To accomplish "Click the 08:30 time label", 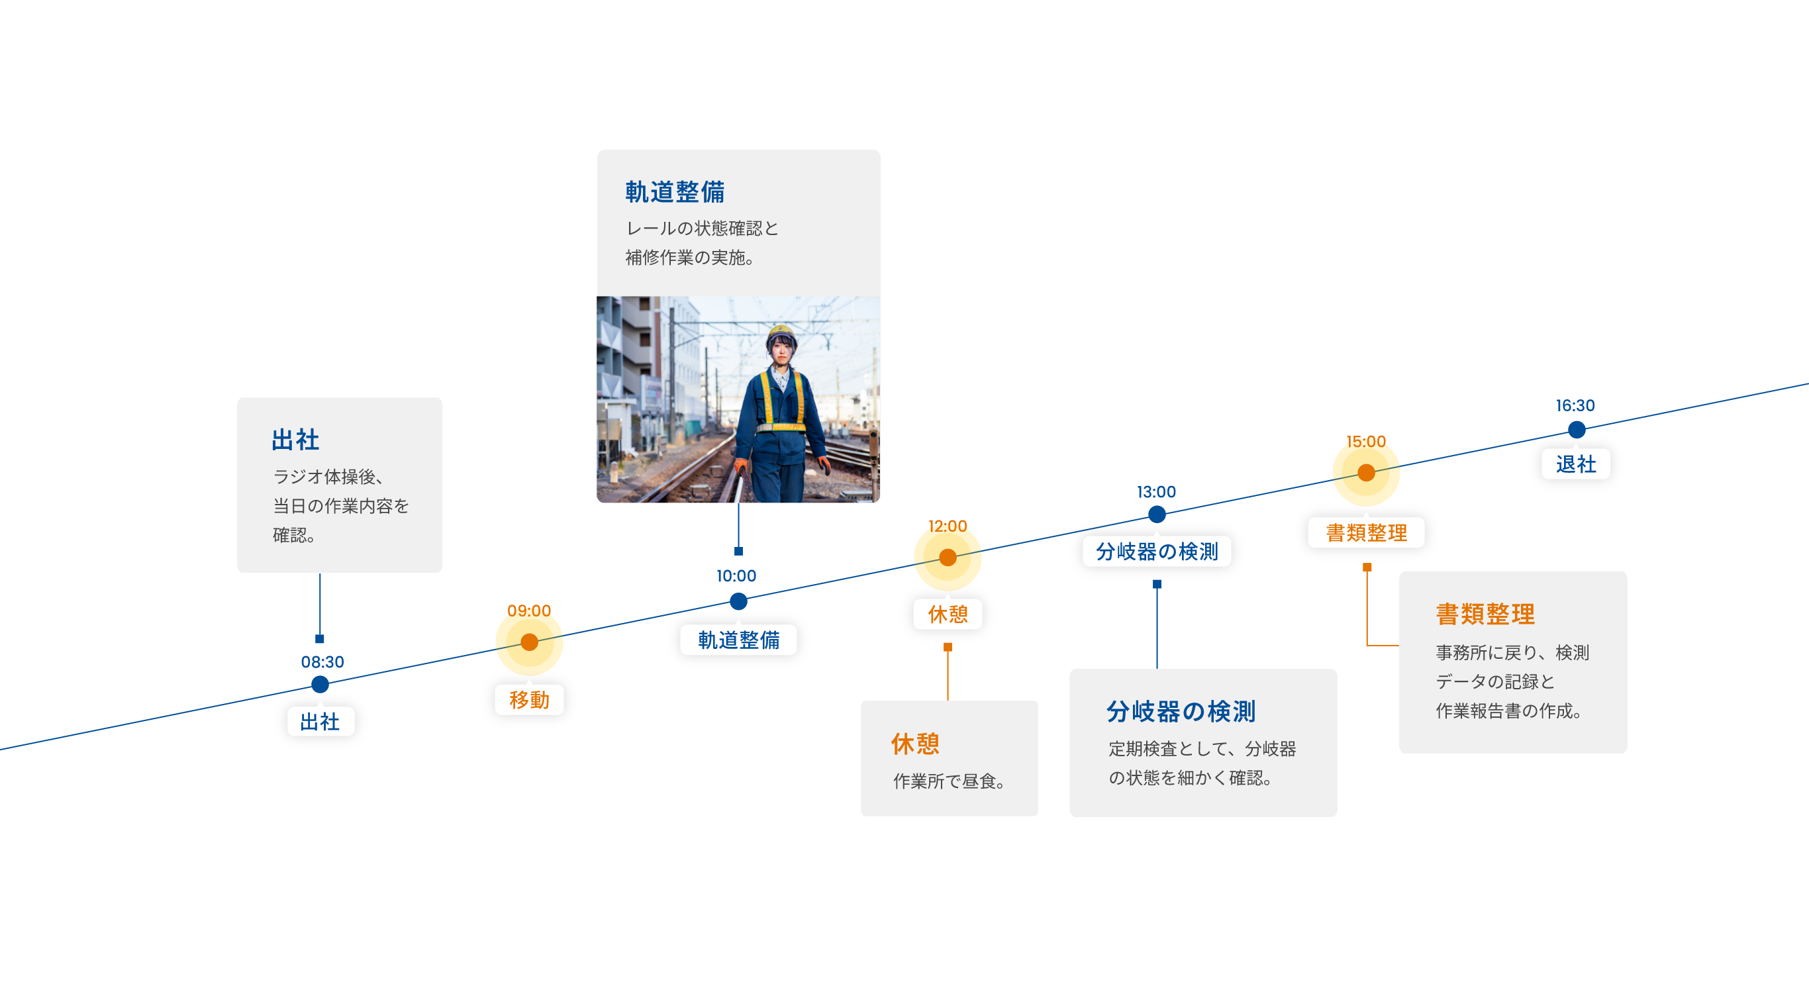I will tap(322, 662).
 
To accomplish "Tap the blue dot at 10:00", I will tap(738, 601).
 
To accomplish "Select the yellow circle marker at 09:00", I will tap(530, 642).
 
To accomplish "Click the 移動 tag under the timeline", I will tap(529, 699).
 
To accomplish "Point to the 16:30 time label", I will tap(1575, 405).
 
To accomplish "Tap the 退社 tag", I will tap(1575, 464).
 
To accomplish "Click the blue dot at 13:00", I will tap(1157, 515).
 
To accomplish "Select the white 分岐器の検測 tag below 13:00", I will tap(1157, 552).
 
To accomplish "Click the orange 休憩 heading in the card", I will tap(915, 744).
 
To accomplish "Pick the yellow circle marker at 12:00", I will tap(948, 557).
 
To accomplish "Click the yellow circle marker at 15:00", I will tap(1366, 473).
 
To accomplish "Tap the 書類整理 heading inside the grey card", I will tap(1485, 615).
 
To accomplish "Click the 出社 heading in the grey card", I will tap(295, 440).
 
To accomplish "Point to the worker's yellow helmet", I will tap(780, 332).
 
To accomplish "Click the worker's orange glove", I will tap(740, 466).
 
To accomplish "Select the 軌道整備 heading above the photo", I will tap(675, 192).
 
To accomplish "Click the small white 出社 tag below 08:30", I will tap(320, 721).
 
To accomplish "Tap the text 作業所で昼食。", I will tap(949, 781).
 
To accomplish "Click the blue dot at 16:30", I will tap(1577, 429).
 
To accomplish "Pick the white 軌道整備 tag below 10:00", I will tap(738, 640).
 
